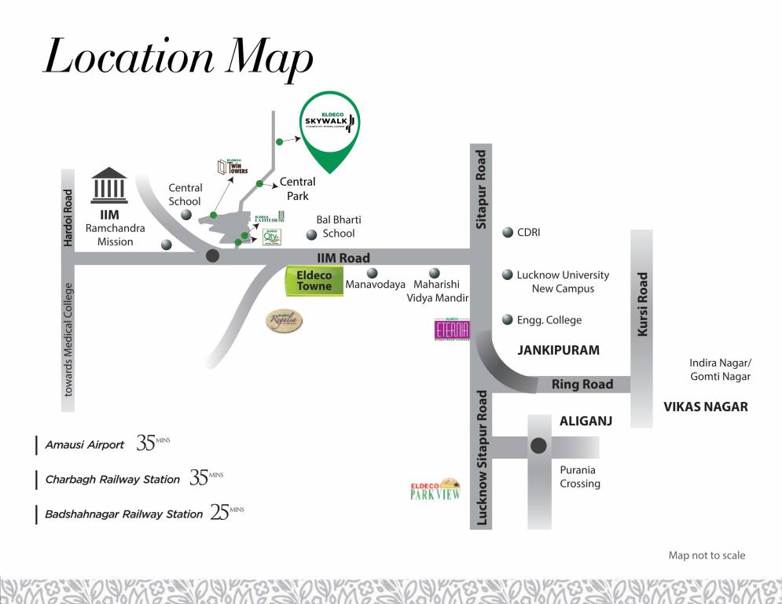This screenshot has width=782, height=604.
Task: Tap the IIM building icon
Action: click(x=110, y=186)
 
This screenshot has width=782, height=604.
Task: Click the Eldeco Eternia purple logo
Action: click(x=452, y=329)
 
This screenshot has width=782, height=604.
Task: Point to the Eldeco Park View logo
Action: click(x=435, y=489)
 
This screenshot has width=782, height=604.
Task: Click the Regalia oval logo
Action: click(x=283, y=321)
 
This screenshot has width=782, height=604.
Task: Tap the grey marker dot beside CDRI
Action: click(x=507, y=233)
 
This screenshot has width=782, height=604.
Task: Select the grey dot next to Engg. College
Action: click(x=507, y=320)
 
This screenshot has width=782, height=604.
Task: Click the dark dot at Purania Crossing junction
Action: click(x=538, y=446)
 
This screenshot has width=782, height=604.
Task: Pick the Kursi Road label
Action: click(x=642, y=305)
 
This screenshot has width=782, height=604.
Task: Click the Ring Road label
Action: click(x=582, y=385)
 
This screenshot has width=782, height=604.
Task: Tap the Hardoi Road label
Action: click(x=68, y=218)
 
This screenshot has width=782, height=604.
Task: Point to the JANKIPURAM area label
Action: click(x=558, y=350)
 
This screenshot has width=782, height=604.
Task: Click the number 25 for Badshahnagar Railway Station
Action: click(x=218, y=513)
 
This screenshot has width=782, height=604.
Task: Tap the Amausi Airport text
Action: click(x=85, y=444)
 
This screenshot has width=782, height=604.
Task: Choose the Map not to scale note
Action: click(x=707, y=555)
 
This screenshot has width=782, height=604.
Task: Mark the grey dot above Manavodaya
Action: click(x=373, y=273)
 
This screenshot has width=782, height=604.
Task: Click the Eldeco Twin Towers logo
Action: click(x=233, y=167)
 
